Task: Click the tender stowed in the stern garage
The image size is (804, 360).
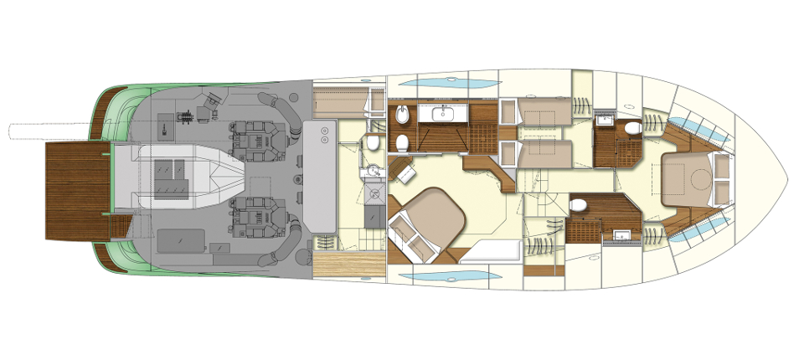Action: [x=188, y=175]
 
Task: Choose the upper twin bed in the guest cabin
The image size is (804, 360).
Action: [x=540, y=111]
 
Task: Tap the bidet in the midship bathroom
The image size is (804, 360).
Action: [x=401, y=115]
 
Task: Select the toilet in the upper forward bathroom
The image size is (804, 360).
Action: [x=632, y=127]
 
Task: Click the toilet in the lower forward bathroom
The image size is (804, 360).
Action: [x=579, y=205]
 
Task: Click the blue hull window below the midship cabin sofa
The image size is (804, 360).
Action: [x=431, y=275]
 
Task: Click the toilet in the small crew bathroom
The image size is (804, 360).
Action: [x=373, y=143]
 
